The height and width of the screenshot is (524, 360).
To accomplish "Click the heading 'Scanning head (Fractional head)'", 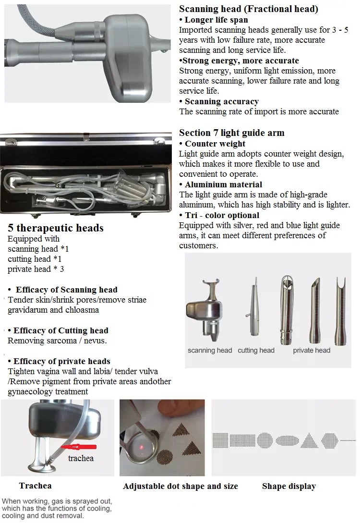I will pyautogui.click(x=248, y=9).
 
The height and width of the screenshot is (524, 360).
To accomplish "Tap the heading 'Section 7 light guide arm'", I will pyautogui.click(x=231, y=133).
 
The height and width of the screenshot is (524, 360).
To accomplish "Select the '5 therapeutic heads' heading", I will pyautogui.click(x=56, y=228).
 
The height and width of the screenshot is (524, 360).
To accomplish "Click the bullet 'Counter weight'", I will pyautogui.click(x=215, y=144).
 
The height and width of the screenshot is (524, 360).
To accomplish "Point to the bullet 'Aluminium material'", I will pyautogui.click(x=223, y=184).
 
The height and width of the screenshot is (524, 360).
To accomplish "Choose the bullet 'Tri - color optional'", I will pyautogui.click(x=222, y=215).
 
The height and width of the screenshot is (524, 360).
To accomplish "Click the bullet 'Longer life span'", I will pyautogui.click(x=216, y=20).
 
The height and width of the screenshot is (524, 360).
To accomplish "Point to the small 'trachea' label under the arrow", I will pyautogui.click(x=81, y=458).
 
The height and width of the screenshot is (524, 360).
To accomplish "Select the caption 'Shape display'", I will pyautogui.click(x=288, y=487).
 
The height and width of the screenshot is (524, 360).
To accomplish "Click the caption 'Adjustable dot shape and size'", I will pyautogui.click(x=180, y=487).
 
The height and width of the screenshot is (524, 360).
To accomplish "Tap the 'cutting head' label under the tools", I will pyautogui.click(x=256, y=351).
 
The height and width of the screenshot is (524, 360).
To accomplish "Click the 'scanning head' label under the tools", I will pyautogui.click(x=210, y=351).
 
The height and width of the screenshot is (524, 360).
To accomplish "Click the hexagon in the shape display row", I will pyautogui.click(x=329, y=439).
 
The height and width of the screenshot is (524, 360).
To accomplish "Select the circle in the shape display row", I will pyautogui.click(x=264, y=439).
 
